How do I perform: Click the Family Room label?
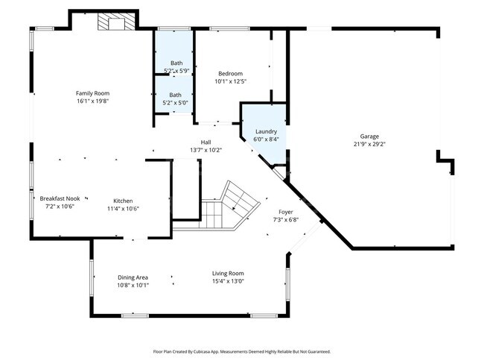pyautogui.click(x=98, y=93)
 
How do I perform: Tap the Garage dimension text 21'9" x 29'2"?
pyautogui.click(x=370, y=145)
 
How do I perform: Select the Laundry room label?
pyautogui.click(x=266, y=131)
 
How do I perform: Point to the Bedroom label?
pyautogui.click(x=230, y=73)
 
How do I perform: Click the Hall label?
pyautogui.click(x=206, y=142)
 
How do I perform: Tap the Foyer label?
pyautogui.click(x=286, y=212)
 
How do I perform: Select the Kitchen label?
pyautogui.click(x=123, y=201)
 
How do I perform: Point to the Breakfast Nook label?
pyautogui.click(x=60, y=198)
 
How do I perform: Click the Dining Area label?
pyautogui.click(x=133, y=277)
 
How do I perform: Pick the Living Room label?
pyautogui.click(x=228, y=273)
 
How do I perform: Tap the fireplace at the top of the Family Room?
pyautogui.click(x=115, y=23)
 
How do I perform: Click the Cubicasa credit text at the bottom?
pyautogui.click(x=241, y=351)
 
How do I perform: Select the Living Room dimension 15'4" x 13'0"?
pyautogui.click(x=228, y=281)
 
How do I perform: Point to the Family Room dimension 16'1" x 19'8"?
pyautogui.click(x=98, y=101)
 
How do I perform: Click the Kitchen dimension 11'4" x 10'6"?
pyautogui.click(x=123, y=209)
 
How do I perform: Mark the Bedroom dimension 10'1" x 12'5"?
pyautogui.click(x=230, y=81)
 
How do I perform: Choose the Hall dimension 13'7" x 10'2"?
pyautogui.click(x=206, y=150)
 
